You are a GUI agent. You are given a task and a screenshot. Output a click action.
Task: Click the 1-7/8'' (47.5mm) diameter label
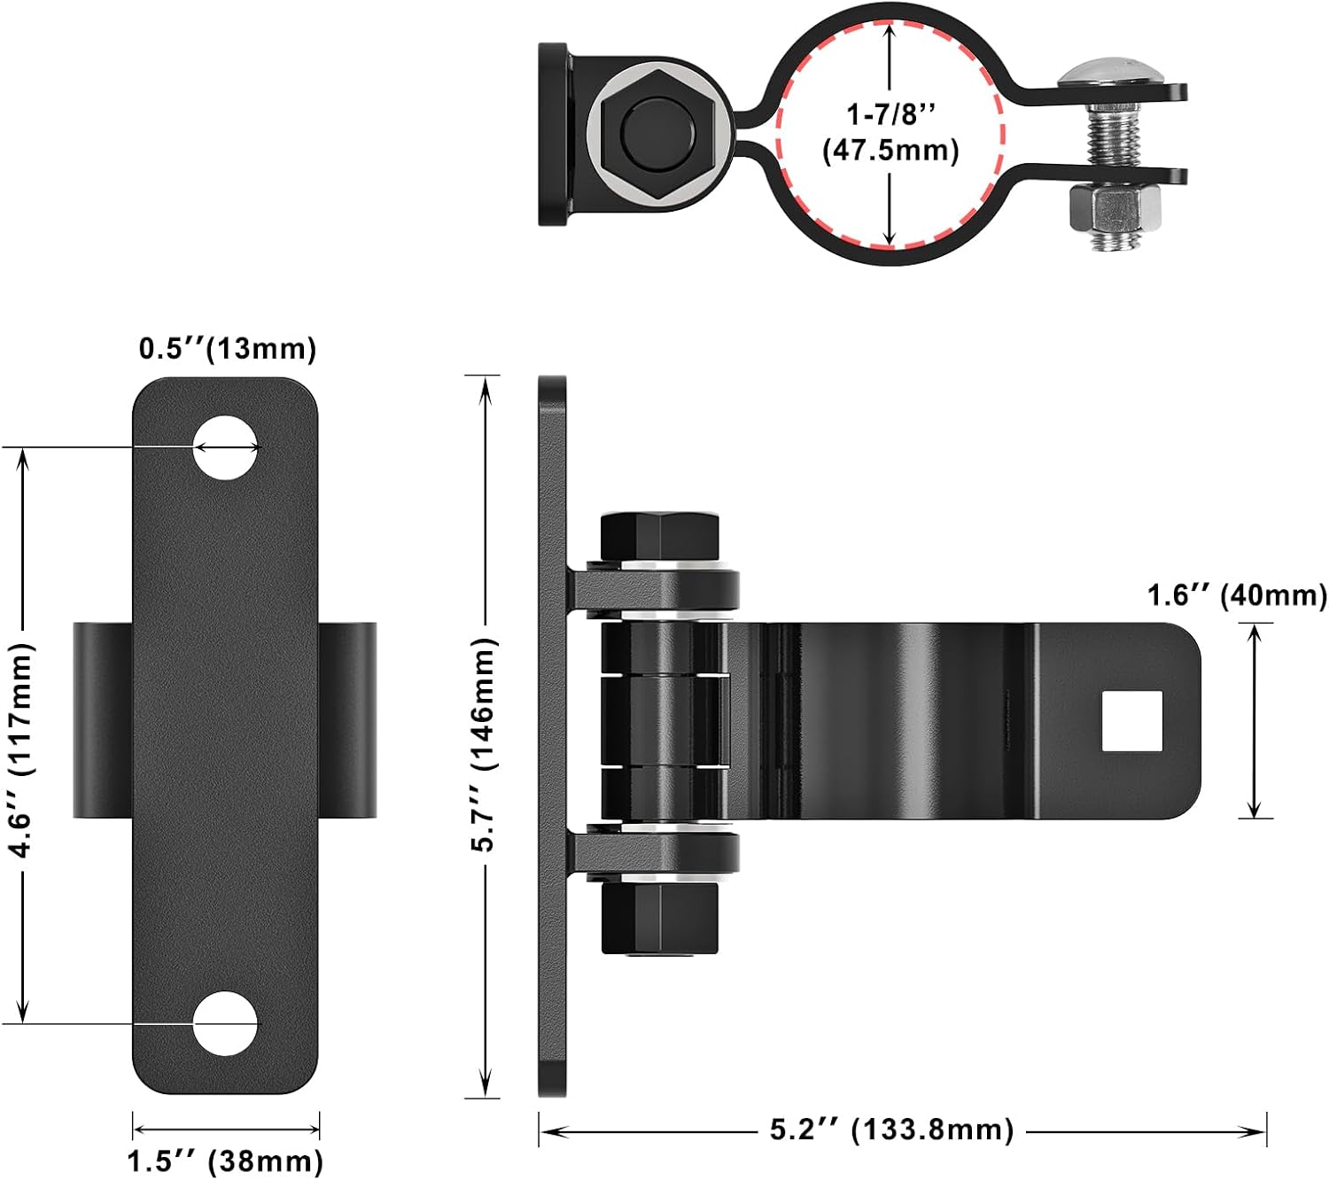point(890,133)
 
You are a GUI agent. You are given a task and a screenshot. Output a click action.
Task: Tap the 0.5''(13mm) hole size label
point(228,348)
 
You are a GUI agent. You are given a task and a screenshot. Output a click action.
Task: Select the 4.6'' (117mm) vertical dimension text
point(21,749)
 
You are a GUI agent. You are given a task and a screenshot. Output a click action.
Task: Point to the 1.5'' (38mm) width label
point(225,1161)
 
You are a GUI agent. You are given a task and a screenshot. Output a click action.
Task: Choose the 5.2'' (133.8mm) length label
point(891,1129)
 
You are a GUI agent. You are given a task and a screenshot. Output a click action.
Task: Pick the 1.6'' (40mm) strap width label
point(1237,595)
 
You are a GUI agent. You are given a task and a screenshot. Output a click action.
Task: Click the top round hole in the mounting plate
point(226,447)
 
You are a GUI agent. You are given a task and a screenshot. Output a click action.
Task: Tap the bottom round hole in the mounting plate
point(226,1023)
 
